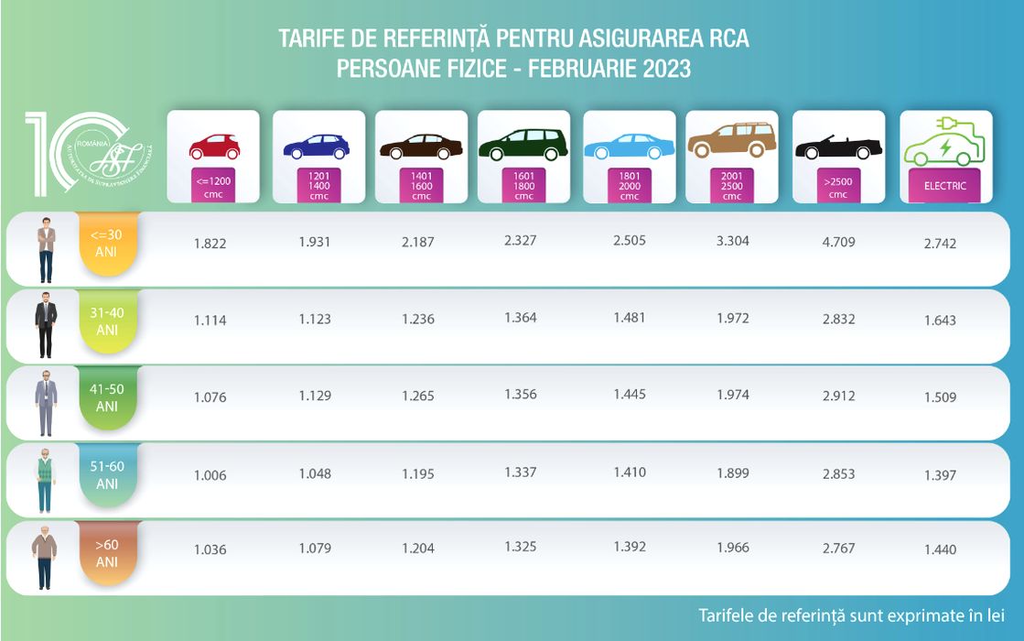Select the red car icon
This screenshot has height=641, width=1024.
pyautogui.click(x=213, y=147)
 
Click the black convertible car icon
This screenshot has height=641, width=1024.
pyautogui.click(x=838, y=147)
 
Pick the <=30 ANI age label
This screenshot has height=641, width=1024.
pyautogui.click(x=107, y=243)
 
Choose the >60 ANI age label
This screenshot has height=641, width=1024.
pyautogui.click(x=107, y=552)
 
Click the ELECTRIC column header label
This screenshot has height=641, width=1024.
pyautogui.click(x=945, y=185)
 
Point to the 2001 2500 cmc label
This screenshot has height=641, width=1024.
pyautogui.click(x=732, y=184)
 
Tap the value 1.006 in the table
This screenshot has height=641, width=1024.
pyautogui.click(x=210, y=475)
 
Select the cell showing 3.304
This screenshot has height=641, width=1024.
pyautogui.click(x=732, y=242)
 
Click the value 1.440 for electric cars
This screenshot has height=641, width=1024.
pyautogui.click(x=940, y=549)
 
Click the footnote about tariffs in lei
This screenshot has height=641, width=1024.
pyautogui.click(x=851, y=614)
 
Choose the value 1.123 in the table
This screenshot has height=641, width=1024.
pyautogui.click(x=315, y=320)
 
